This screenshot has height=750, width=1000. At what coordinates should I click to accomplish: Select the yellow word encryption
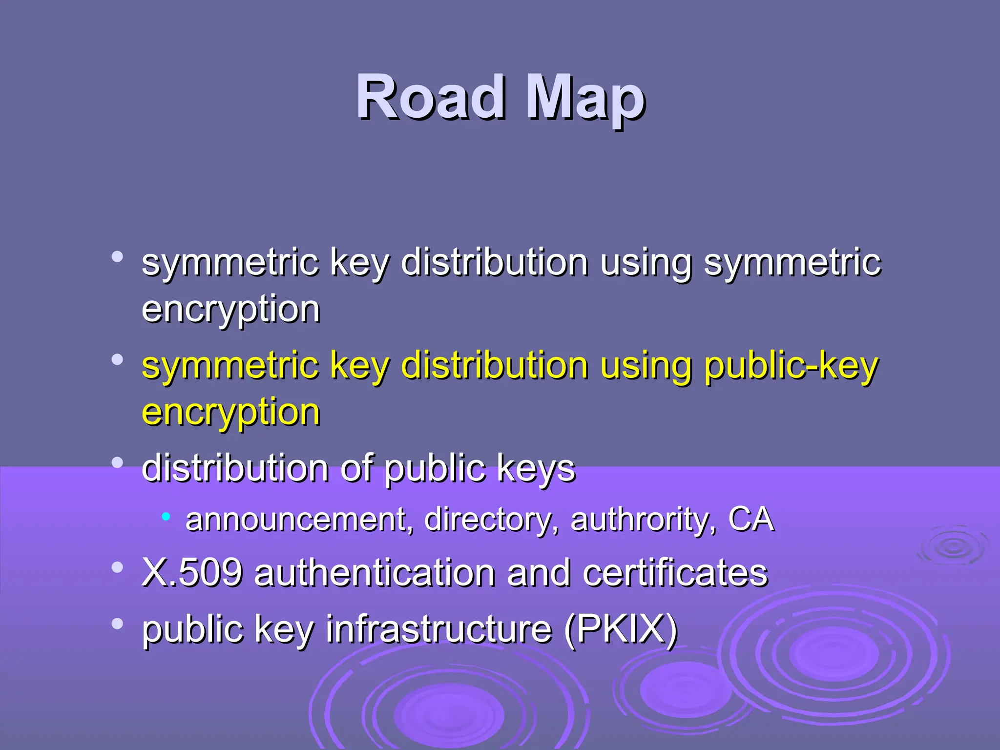pos(230,413)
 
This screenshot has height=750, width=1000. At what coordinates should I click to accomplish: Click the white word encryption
pos(230,310)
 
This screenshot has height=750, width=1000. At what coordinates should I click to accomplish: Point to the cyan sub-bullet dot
pos(166,516)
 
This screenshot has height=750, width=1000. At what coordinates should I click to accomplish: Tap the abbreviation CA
pos(751,519)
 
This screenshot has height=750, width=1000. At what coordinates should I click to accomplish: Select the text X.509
pos(192,572)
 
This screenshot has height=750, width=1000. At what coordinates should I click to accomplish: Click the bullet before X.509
pos(117,567)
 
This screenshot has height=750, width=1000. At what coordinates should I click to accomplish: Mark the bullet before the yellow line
pos(117,360)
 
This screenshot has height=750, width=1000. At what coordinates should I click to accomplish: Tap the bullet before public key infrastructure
pos(117,624)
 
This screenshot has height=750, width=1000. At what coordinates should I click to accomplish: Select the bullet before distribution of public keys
pos(117,462)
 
